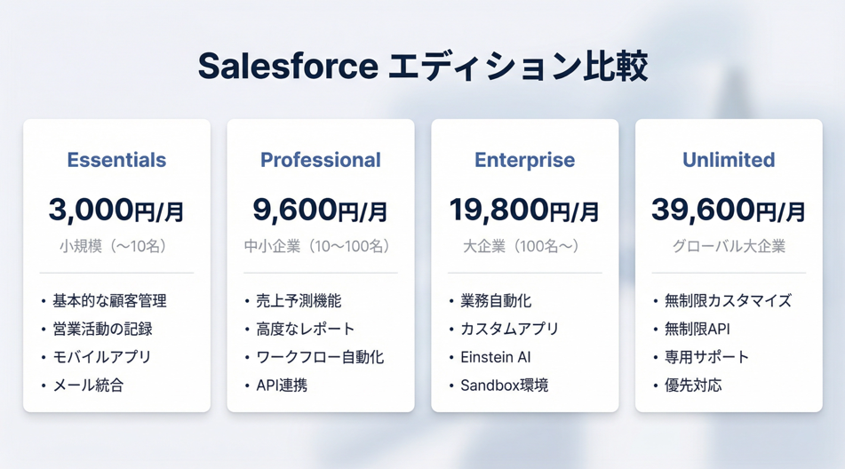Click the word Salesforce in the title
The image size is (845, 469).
(x=288, y=67)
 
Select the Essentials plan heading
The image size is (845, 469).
(x=116, y=160)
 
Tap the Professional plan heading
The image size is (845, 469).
(x=321, y=160)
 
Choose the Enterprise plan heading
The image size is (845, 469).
(x=524, y=161)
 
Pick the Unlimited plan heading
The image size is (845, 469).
(x=729, y=160)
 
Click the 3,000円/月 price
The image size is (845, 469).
(x=116, y=210)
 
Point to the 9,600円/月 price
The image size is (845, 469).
(x=320, y=210)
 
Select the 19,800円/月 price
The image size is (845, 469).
(x=524, y=210)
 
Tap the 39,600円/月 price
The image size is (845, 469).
(x=729, y=210)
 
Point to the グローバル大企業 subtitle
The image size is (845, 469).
(x=729, y=246)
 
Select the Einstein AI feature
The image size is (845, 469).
(x=496, y=357)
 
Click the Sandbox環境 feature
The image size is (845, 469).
(x=505, y=385)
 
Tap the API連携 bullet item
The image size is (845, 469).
(x=282, y=385)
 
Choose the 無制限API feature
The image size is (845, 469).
(x=698, y=329)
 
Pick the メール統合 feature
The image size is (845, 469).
(x=88, y=385)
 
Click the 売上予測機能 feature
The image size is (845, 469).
(x=299, y=300)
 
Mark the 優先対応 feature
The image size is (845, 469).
(x=693, y=385)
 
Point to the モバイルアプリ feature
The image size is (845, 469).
(x=102, y=357)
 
